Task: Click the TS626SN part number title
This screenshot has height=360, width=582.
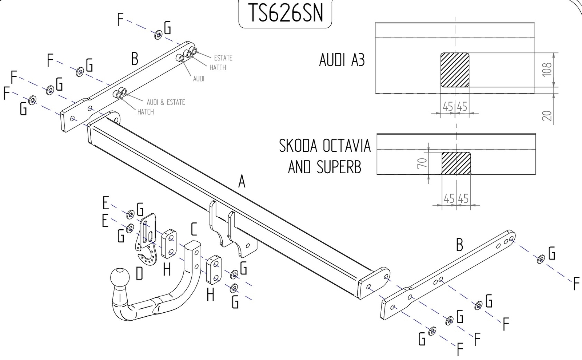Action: pos(286,13)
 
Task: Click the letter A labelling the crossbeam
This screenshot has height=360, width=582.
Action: pos(242,181)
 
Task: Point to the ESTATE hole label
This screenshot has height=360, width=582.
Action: pos(223,58)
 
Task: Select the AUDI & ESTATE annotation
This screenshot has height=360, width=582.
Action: pos(166,102)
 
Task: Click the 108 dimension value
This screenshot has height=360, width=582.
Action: pos(547,70)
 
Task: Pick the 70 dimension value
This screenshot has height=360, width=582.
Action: pos(423,163)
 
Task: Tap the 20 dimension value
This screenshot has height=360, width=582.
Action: pos(547,116)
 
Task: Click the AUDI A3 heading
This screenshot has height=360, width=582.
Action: pos(342,60)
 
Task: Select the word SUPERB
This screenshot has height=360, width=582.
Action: pos(339,167)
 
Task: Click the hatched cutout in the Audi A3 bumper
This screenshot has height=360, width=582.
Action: pos(455,70)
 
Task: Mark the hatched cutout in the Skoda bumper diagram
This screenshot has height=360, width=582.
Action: pos(456,163)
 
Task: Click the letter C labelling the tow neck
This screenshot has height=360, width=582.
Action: pos(194,229)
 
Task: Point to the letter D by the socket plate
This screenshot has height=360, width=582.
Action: pos(140,273)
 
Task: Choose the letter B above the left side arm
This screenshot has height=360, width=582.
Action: pos(135,59)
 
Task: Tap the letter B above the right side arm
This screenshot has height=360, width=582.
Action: pos(460,245)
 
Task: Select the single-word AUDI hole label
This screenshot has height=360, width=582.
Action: pos(199,79)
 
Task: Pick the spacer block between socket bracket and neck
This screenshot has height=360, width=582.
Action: pos(169,244)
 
